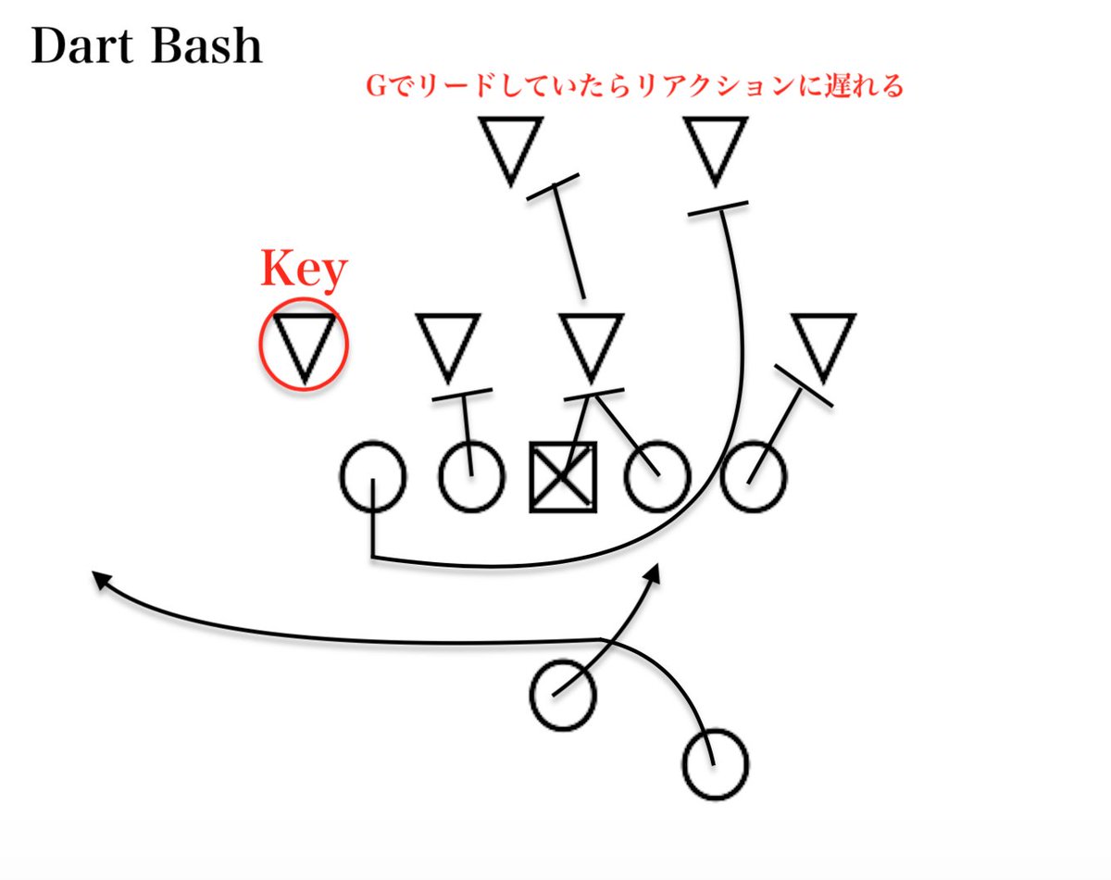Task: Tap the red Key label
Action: click(x=304, y=269)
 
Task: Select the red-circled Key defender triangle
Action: click(x=304, y=345)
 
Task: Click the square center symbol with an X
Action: click(x=563, y=476)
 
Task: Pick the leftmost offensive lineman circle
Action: click(x=373, y=476)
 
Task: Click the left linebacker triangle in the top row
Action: click(x=510, y=146)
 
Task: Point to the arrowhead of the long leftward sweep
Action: click(x=97, y=578)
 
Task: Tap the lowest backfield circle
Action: click(x=715, y=765)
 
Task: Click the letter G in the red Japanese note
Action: click(x=376, y=88)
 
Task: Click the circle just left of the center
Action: click(x=471, y=477)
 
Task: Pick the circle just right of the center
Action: click(x=657, y=477)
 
